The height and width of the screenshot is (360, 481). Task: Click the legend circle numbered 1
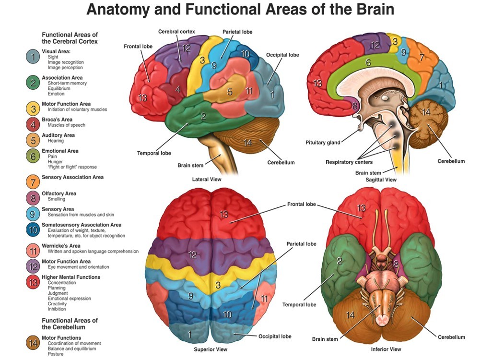click(x=33, y=57)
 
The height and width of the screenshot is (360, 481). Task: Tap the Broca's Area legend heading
click(x=57, y=120)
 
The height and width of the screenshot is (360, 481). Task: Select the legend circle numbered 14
click(x=33, y=343)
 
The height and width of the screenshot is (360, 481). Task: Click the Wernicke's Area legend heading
click(x=60, y=246)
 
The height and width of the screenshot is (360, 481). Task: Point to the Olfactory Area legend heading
click(x=59, y=193)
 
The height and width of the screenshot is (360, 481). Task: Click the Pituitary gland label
click(x=323, y=143)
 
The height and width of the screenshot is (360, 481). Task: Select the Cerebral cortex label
click(x=176, y=32)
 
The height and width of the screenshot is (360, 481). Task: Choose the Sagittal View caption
click(x=381, y=180)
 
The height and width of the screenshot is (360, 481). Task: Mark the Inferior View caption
click(x=386, y=349)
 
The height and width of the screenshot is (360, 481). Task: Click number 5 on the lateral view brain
click(x=230, y=92)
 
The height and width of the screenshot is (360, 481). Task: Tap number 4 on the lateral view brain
click(x=178, y=90)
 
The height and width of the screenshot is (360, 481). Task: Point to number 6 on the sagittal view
click(x=368, y=63)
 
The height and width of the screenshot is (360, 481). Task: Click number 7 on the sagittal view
click(x=422, y=58)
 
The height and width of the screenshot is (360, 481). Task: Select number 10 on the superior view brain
click(x=228, y=314)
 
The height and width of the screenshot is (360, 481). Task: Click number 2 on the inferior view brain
click(x=339, y=261)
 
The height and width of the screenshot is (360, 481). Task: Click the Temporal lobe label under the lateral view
click(x=154, y=153)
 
